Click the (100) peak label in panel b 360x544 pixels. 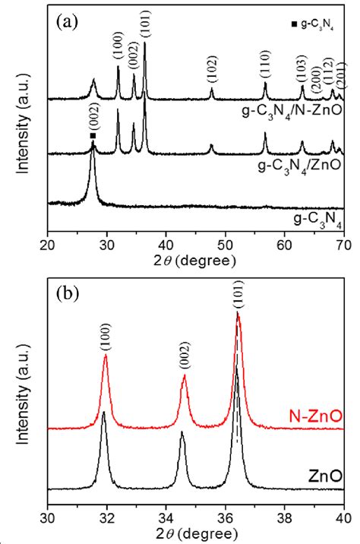105,338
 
